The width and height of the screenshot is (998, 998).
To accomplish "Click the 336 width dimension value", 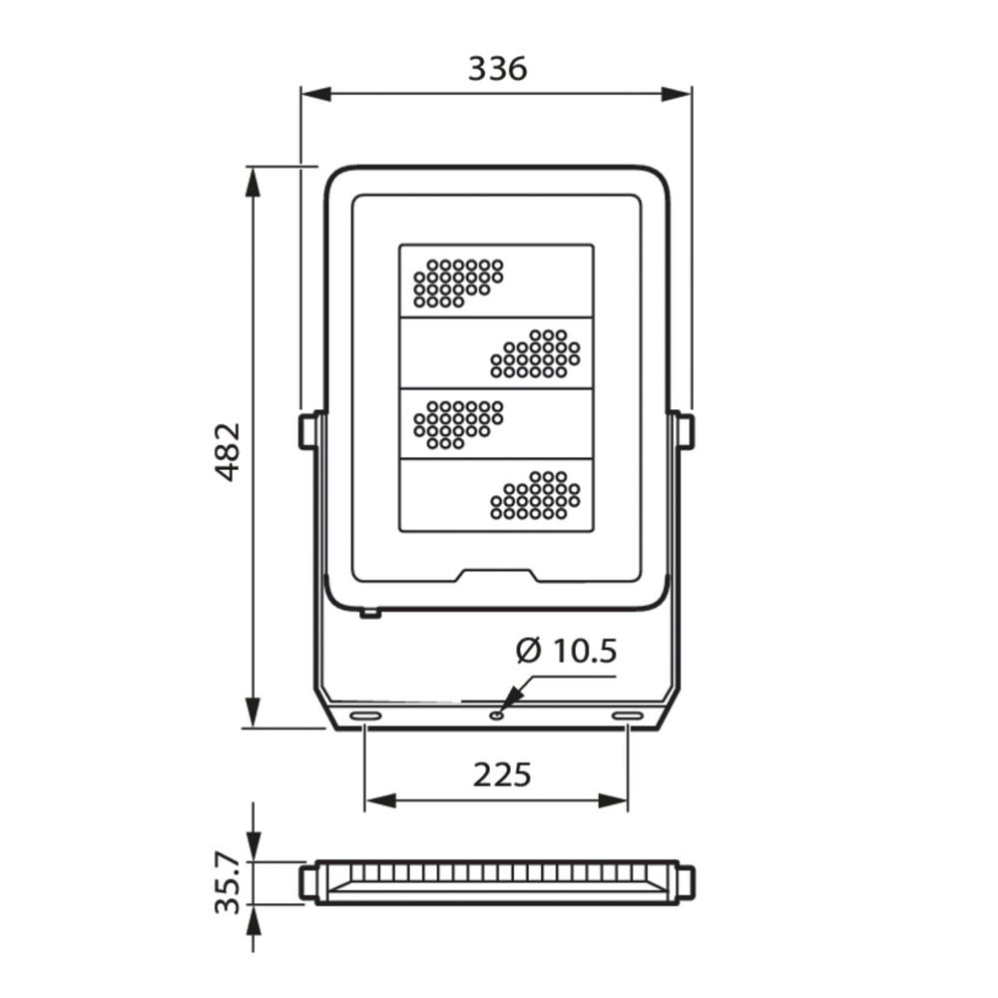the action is point(498,69).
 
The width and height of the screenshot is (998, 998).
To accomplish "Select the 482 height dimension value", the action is point(228,451).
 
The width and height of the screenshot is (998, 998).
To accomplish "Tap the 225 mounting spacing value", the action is point(502,774).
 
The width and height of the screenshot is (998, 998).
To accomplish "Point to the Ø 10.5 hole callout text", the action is point(566,651).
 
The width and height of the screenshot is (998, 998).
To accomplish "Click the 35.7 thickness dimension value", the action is point(228,884).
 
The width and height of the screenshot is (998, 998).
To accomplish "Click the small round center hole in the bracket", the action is point(496,716).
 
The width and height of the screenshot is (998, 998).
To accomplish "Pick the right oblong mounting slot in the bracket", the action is point(628,716).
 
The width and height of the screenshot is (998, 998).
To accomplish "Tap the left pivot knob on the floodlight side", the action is point(307,431).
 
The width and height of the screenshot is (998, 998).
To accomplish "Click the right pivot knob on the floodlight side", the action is point(686,431).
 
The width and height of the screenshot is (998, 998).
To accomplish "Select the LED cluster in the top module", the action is point(458,283).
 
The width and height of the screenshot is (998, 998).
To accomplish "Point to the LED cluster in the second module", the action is point(535,353).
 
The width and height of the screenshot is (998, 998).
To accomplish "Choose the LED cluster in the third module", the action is point(458,424).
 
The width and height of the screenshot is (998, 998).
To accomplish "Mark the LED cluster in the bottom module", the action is point(535,495).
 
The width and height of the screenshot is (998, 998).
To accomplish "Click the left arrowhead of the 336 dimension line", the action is point(315,94).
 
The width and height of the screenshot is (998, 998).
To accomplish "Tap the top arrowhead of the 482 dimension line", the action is point(253,182).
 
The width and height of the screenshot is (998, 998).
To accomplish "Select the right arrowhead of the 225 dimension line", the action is point(613,800).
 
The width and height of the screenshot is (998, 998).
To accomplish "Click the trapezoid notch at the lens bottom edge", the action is point(498,576).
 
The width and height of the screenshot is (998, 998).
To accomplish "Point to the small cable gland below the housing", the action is point(370,614).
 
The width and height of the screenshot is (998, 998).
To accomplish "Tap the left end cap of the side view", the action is point(307,881).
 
